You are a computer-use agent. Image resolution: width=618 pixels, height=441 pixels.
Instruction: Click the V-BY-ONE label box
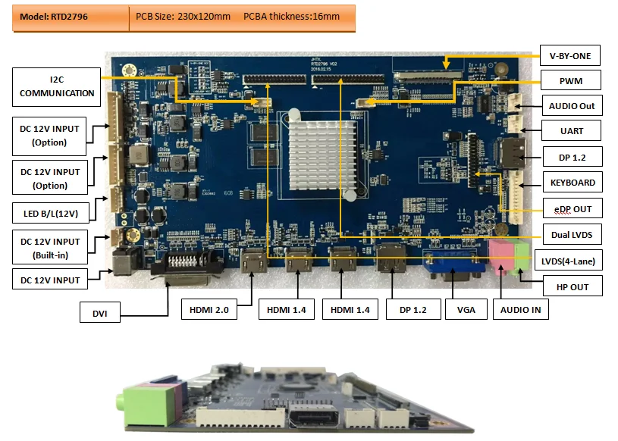point(569,55)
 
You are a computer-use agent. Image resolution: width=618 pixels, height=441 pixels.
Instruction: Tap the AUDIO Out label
point(572,105)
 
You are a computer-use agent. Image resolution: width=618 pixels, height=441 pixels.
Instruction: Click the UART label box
point(572,131)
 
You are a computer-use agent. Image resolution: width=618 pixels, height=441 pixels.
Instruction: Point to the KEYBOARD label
point(572,183)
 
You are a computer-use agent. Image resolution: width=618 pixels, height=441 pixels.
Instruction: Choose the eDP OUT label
point(572,209)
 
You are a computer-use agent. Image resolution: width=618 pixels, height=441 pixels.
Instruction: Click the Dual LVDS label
point(572,235)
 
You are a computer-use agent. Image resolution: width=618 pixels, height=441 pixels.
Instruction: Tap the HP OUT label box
point(572,286)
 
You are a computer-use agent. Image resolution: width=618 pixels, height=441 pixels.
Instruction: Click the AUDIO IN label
point(521,309)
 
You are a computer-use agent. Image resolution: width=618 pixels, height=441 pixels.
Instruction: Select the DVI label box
point(100,312)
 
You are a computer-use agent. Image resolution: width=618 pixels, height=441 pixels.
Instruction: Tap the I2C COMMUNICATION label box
point(57,86)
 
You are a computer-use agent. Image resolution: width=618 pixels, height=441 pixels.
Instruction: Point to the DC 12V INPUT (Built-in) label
point(50,248)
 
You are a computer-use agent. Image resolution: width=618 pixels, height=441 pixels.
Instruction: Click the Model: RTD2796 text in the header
point(53,17)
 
